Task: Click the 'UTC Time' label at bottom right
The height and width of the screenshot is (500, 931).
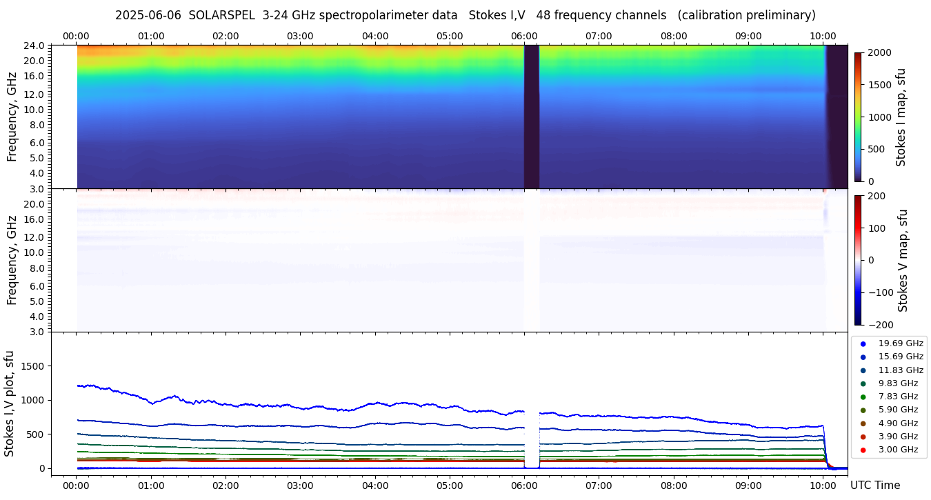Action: pyautogui.click(x=874, y=486)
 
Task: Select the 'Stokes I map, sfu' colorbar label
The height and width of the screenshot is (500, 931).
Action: pyautogui.click(x=901, y=117)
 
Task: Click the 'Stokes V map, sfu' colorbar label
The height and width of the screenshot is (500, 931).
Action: pyautogui.click(x=903, y=261)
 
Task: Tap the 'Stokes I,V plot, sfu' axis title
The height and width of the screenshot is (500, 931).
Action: pyautogui.click(x=10, y=403)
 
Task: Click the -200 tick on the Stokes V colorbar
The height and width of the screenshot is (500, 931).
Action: pyautogui.click(x=880, y=325)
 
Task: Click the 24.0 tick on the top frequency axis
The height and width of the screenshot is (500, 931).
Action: pyautogui.click(x=35, y=46)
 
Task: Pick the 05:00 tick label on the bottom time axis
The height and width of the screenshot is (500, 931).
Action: pyautogui.click(x=450, y=486)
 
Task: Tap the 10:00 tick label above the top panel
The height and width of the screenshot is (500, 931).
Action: pyautogui.click(x=823, y=36)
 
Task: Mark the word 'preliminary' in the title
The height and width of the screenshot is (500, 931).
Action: pyautogui.click(x=781, y=15)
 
